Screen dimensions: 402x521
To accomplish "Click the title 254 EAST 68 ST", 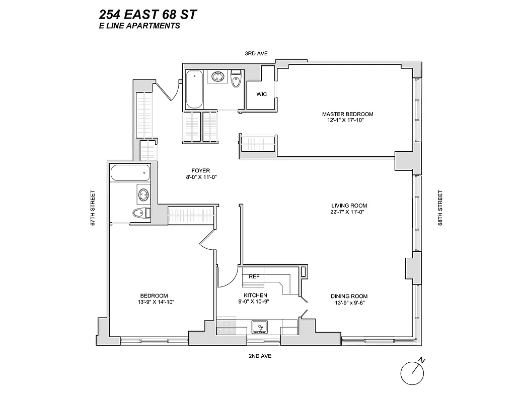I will pyautogui.click(x=148, y=14).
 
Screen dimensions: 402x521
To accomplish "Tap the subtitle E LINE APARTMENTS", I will pyautogui.click(x=139, y=26).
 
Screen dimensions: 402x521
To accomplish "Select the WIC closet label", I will pyautogui.click(x=261, y=94).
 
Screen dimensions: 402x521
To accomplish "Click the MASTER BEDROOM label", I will pyautogui.click(x=347, y=114).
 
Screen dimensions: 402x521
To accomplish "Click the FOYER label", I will pyautogui.click(x=201, y=170).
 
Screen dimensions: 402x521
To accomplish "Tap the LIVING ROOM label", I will pyautogui.click(x=349, y=206).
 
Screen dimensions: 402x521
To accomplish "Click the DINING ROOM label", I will pyautogui.click(x=349, y=296).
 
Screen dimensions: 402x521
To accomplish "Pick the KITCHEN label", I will pyautogui.click(x=255, y=295).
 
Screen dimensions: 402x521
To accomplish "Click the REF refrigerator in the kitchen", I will pyautogui.click(x=254, y=276).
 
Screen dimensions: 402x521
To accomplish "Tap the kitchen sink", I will pyautogui.click(x=259, y=326).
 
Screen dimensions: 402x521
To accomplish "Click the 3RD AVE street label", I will pyautogui.click(x=256, y=53).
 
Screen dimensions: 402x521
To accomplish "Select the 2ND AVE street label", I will pyautogui.click(x=259, y=356).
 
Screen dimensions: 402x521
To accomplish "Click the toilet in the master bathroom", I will pyautogui.click(x=236, y=79).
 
